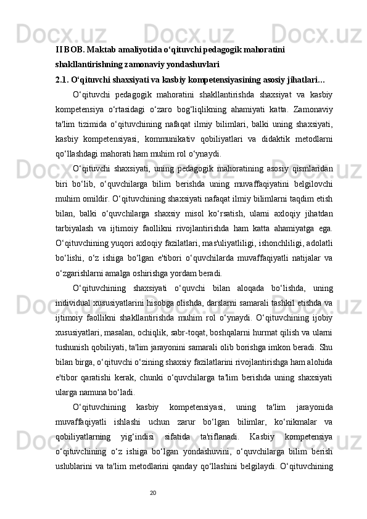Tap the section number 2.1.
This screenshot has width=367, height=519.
[x=62, y=80]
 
